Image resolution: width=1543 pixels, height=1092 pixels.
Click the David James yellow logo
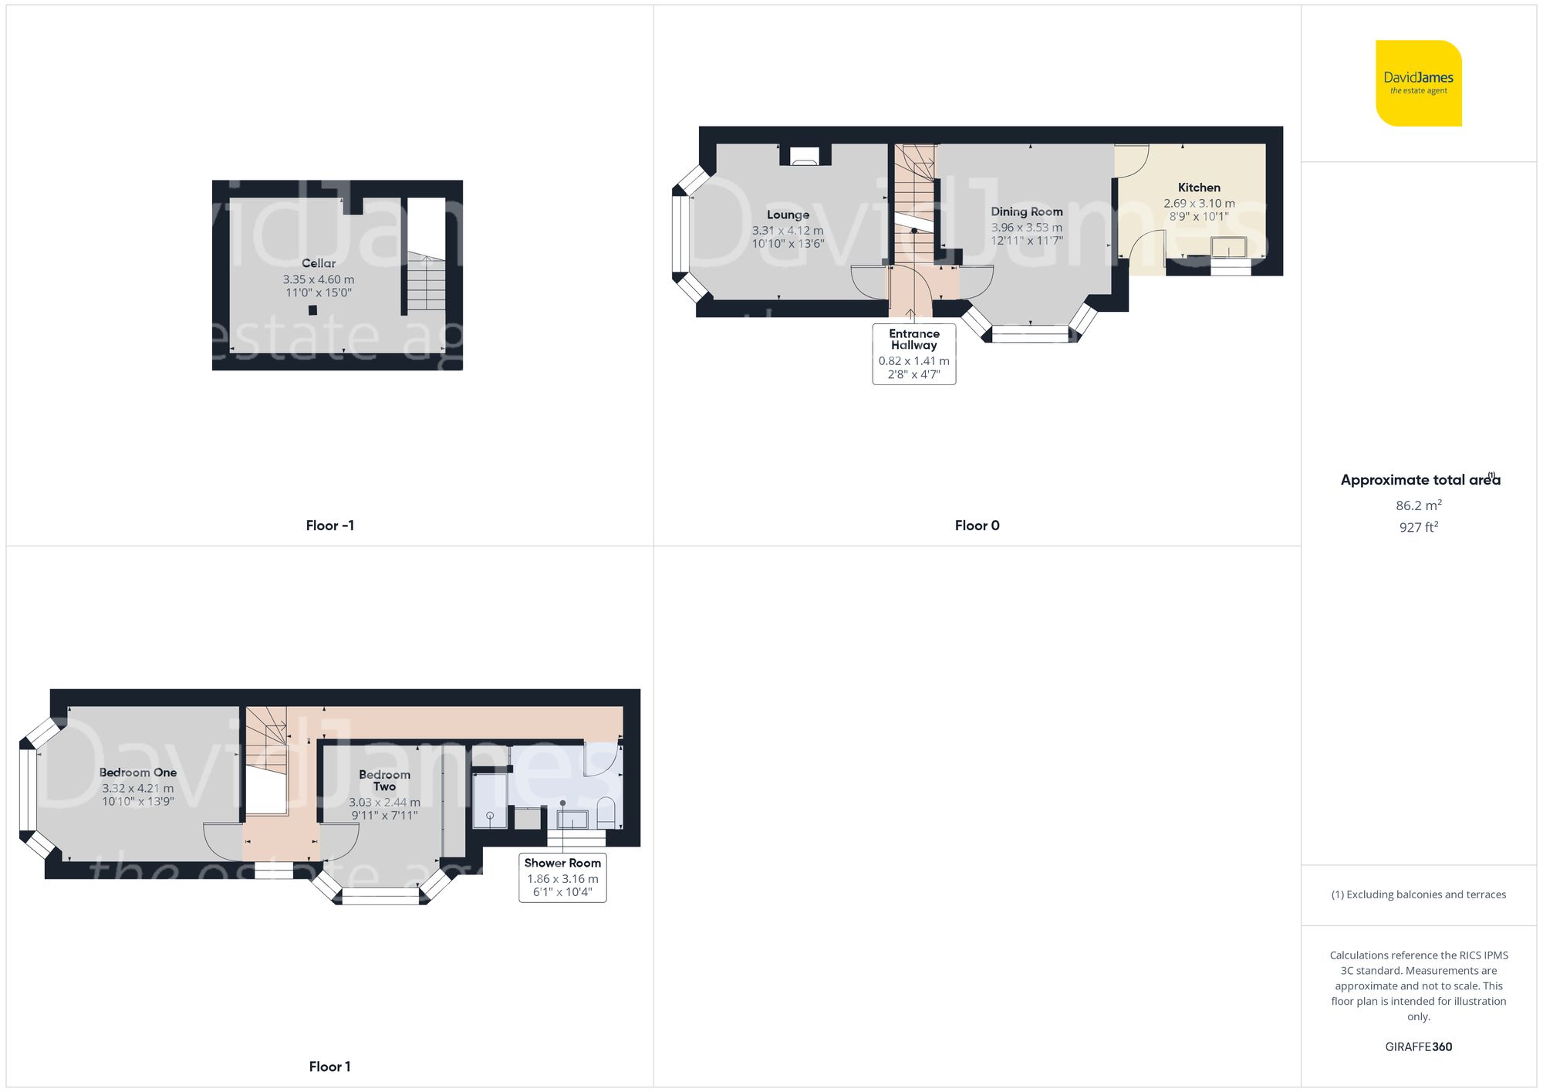pos(1418,83)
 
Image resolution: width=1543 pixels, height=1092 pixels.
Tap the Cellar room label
pos(318,263)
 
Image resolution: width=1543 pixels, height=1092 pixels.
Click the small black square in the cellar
pos(312,310)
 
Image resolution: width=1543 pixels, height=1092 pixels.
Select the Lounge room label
pos(788,215)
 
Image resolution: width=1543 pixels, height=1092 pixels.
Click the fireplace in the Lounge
pos(805,159)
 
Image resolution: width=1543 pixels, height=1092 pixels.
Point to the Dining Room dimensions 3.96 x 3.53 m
pos(1026,227)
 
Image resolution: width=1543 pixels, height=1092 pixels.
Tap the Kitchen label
pos(1199,188)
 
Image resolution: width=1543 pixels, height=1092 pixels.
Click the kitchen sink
pos(1228,248)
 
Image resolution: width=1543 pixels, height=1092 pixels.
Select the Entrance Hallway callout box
pos(913,353)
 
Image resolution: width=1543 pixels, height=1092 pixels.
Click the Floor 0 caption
pos(977,526)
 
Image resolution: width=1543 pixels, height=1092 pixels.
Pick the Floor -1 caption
pos(329,526)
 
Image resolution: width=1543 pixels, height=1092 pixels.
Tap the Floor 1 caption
pos(329,1067)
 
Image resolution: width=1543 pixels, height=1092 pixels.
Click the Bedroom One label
pos(137,773)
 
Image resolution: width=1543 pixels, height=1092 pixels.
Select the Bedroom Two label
pos(384,780)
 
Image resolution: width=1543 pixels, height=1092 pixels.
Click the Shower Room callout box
pos(562,877)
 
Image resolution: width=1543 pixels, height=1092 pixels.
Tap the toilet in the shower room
pos(606,813)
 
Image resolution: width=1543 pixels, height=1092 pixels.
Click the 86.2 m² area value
pos(1418,505)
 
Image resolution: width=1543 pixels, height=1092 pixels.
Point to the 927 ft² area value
pos(1418,527)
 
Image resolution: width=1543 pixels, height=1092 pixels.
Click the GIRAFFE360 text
pos(1418,1046)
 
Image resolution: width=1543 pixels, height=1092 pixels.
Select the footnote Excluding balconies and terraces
pos(1418,894)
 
